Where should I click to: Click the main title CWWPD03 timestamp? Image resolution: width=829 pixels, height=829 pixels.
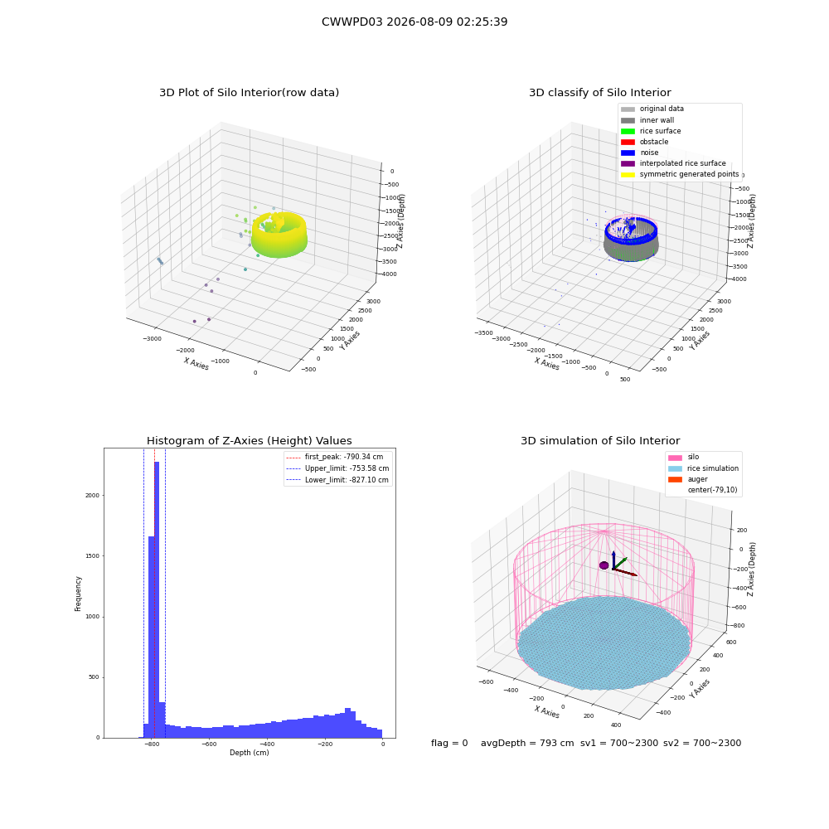414,22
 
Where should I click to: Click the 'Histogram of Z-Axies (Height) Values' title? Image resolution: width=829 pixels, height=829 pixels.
249,440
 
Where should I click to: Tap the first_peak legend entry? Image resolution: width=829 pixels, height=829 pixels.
335,457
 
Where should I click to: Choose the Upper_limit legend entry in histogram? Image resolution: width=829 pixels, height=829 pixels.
337,468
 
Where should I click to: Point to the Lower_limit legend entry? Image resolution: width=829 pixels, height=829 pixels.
337,480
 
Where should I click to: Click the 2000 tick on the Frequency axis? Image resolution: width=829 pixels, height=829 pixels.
93,496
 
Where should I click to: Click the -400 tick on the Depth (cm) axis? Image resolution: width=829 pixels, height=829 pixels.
267,744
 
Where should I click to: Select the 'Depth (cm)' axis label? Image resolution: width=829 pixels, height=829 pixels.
249,753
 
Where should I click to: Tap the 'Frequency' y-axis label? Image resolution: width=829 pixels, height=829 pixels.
78,594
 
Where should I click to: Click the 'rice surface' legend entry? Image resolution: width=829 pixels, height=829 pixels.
651,131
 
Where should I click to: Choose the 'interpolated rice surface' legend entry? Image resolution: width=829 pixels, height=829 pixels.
673,163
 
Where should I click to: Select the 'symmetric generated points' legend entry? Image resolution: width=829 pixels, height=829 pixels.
680,174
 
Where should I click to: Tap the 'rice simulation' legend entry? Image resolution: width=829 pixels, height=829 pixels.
703,468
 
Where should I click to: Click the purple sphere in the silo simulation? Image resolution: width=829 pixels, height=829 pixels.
604,565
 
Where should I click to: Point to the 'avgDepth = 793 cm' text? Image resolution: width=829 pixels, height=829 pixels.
527,743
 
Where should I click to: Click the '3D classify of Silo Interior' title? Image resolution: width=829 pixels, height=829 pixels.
600,93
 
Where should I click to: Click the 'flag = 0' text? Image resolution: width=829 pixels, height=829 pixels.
449,743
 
